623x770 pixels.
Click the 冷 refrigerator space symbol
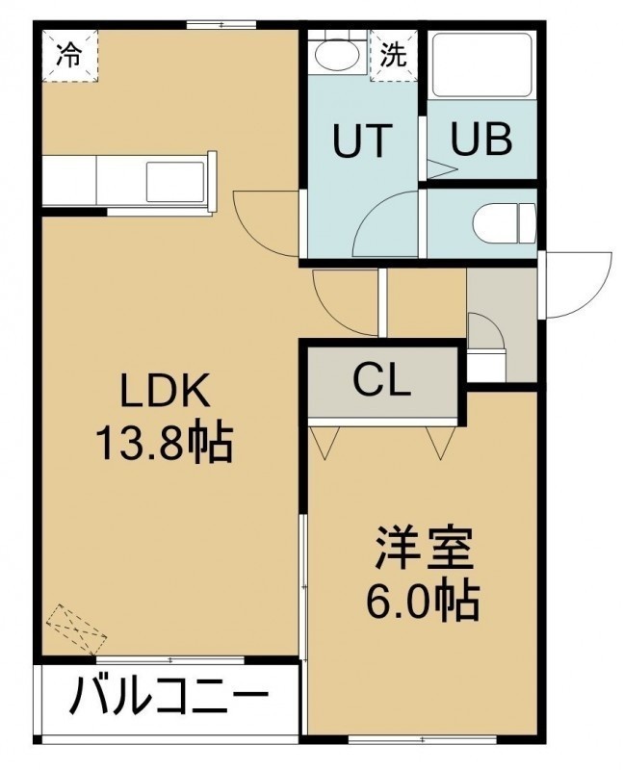(x=69, y=55)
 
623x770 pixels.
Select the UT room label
(x=363, y=141)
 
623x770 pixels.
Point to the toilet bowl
(x=505, y=224)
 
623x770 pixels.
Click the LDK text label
(x=166, y=390)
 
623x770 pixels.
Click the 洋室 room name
(x=424, y=549)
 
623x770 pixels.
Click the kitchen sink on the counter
(x=175, y=181)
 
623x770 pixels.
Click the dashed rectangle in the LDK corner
(x=76, y=629)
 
